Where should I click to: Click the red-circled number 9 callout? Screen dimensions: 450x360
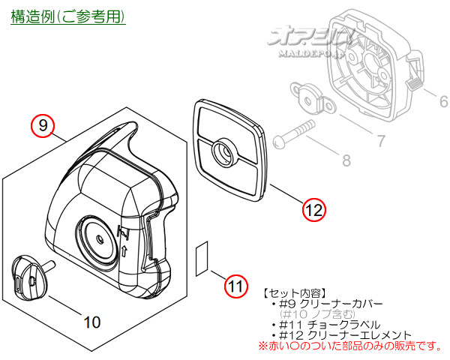[43, 126]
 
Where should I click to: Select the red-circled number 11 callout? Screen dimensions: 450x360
[236, 286]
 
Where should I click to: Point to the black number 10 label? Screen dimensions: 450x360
[91, 322]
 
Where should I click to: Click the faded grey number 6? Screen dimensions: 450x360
[444, 102]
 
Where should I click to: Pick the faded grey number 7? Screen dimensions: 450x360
[381, 141]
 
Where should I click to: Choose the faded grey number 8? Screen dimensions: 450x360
[346, 160]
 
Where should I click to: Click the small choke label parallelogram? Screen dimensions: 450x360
[202, 259]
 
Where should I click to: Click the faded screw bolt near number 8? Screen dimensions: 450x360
[293, 133]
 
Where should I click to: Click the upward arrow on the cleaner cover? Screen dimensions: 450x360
[124, 251]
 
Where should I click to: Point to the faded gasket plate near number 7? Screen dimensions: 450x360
[313, 98]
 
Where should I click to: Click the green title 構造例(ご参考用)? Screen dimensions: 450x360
[68, 16]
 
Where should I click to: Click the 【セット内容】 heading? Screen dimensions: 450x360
[295, 293]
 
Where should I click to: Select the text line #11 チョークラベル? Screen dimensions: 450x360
[326, 325]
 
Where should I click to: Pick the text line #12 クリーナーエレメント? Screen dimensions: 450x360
[342, 335]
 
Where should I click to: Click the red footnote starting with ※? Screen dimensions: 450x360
[350, 346]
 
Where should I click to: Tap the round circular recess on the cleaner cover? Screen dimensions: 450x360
[97, 238]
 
